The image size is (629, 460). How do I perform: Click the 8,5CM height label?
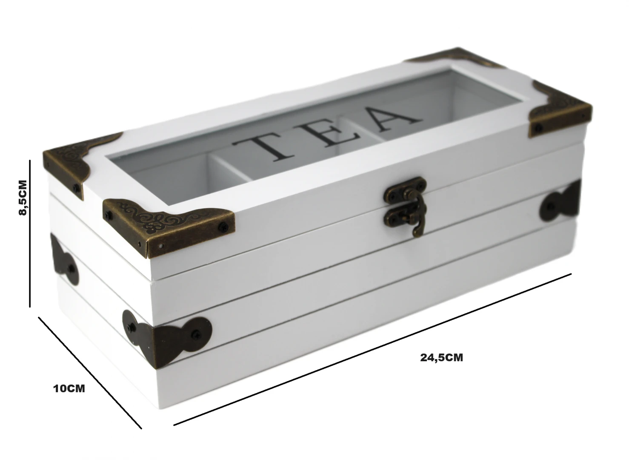(x=23, y=198)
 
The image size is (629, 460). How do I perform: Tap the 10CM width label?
(x=69, y=388)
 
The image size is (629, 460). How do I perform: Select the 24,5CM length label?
(x=441, y=357)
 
